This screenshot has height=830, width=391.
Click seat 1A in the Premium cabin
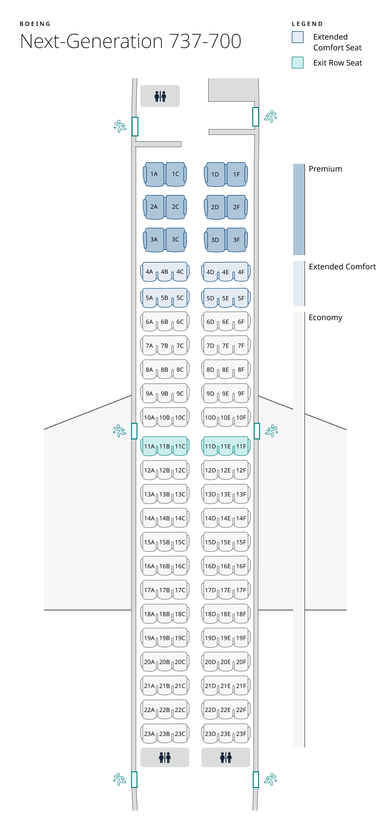coord(154,174)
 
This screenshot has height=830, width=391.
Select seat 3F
coord(237,240)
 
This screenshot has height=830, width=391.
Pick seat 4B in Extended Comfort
coord(165,272)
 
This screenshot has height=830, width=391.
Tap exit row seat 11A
coord(149,446)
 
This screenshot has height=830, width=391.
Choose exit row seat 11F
coord(241,446)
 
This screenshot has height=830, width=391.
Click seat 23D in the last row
coord(210,734)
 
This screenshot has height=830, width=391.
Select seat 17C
coord(180,590)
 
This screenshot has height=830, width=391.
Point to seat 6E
coord(225,322)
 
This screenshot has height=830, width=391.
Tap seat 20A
coord(149,662)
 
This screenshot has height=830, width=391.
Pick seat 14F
coord(241,518)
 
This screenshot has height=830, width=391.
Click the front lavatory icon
coord(160,96)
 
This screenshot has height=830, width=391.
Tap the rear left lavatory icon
coord(165,757)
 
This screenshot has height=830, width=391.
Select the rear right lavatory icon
coord(226,757)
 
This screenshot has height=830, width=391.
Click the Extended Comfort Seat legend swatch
coord(298,38)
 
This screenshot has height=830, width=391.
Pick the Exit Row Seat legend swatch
coord(298,63)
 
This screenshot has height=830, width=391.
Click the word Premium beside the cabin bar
coord(326,169)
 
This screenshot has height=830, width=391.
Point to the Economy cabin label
coord(326,318)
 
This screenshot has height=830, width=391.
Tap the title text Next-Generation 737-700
coord(130,42)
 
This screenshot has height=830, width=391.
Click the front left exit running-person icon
coord(120,127)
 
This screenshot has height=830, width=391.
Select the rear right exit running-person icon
coord(271,779)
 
